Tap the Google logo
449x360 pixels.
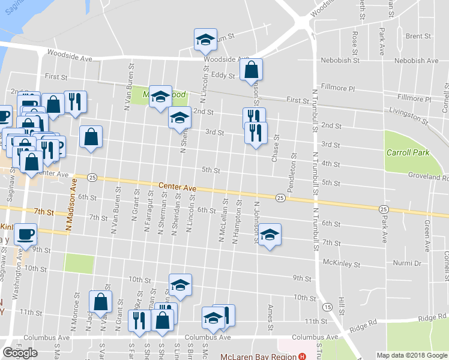coord(20,353)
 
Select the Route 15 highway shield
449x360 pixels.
coord(327,307)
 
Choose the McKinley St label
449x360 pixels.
coord(340,263)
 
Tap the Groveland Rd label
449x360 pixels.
coord(429,178)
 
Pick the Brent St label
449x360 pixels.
coord(415,36)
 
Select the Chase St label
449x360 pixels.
coord(276,148)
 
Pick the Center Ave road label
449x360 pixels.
coord(178,188)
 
